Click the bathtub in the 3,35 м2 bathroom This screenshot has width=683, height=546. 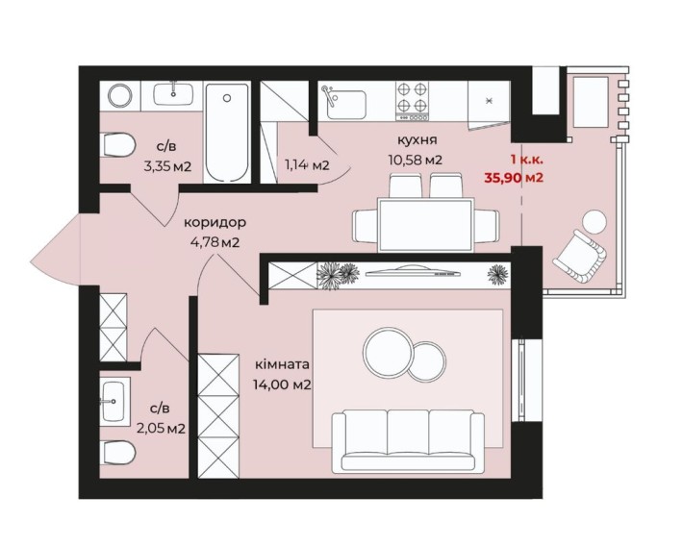pos(227,133)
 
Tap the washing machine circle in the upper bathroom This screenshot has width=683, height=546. pos(120,96)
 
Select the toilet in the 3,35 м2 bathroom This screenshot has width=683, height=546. pos(117,145)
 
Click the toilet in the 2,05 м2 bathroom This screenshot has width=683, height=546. pos(117,453)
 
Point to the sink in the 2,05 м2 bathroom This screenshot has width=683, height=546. pos(114,401)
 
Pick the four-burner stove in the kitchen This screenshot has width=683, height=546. pos(412,101)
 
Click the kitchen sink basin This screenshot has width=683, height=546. pos(346,105)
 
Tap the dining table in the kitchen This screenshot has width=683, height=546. pos(425,225)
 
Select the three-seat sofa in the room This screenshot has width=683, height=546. pos(408,441)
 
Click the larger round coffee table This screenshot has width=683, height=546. pos(388,352)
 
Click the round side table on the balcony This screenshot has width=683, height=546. pos(594,222)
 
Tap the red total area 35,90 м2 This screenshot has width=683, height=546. pos(514,178)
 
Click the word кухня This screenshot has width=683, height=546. pos(417,140)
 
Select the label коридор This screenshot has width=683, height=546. pos(215,222)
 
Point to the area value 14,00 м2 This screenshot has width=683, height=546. pos(282,385)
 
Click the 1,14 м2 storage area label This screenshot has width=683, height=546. pos(307,165)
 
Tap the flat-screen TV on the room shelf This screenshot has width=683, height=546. pos(413,273)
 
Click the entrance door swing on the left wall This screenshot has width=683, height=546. pos(56,250)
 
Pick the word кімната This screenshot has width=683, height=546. pos(282,364)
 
